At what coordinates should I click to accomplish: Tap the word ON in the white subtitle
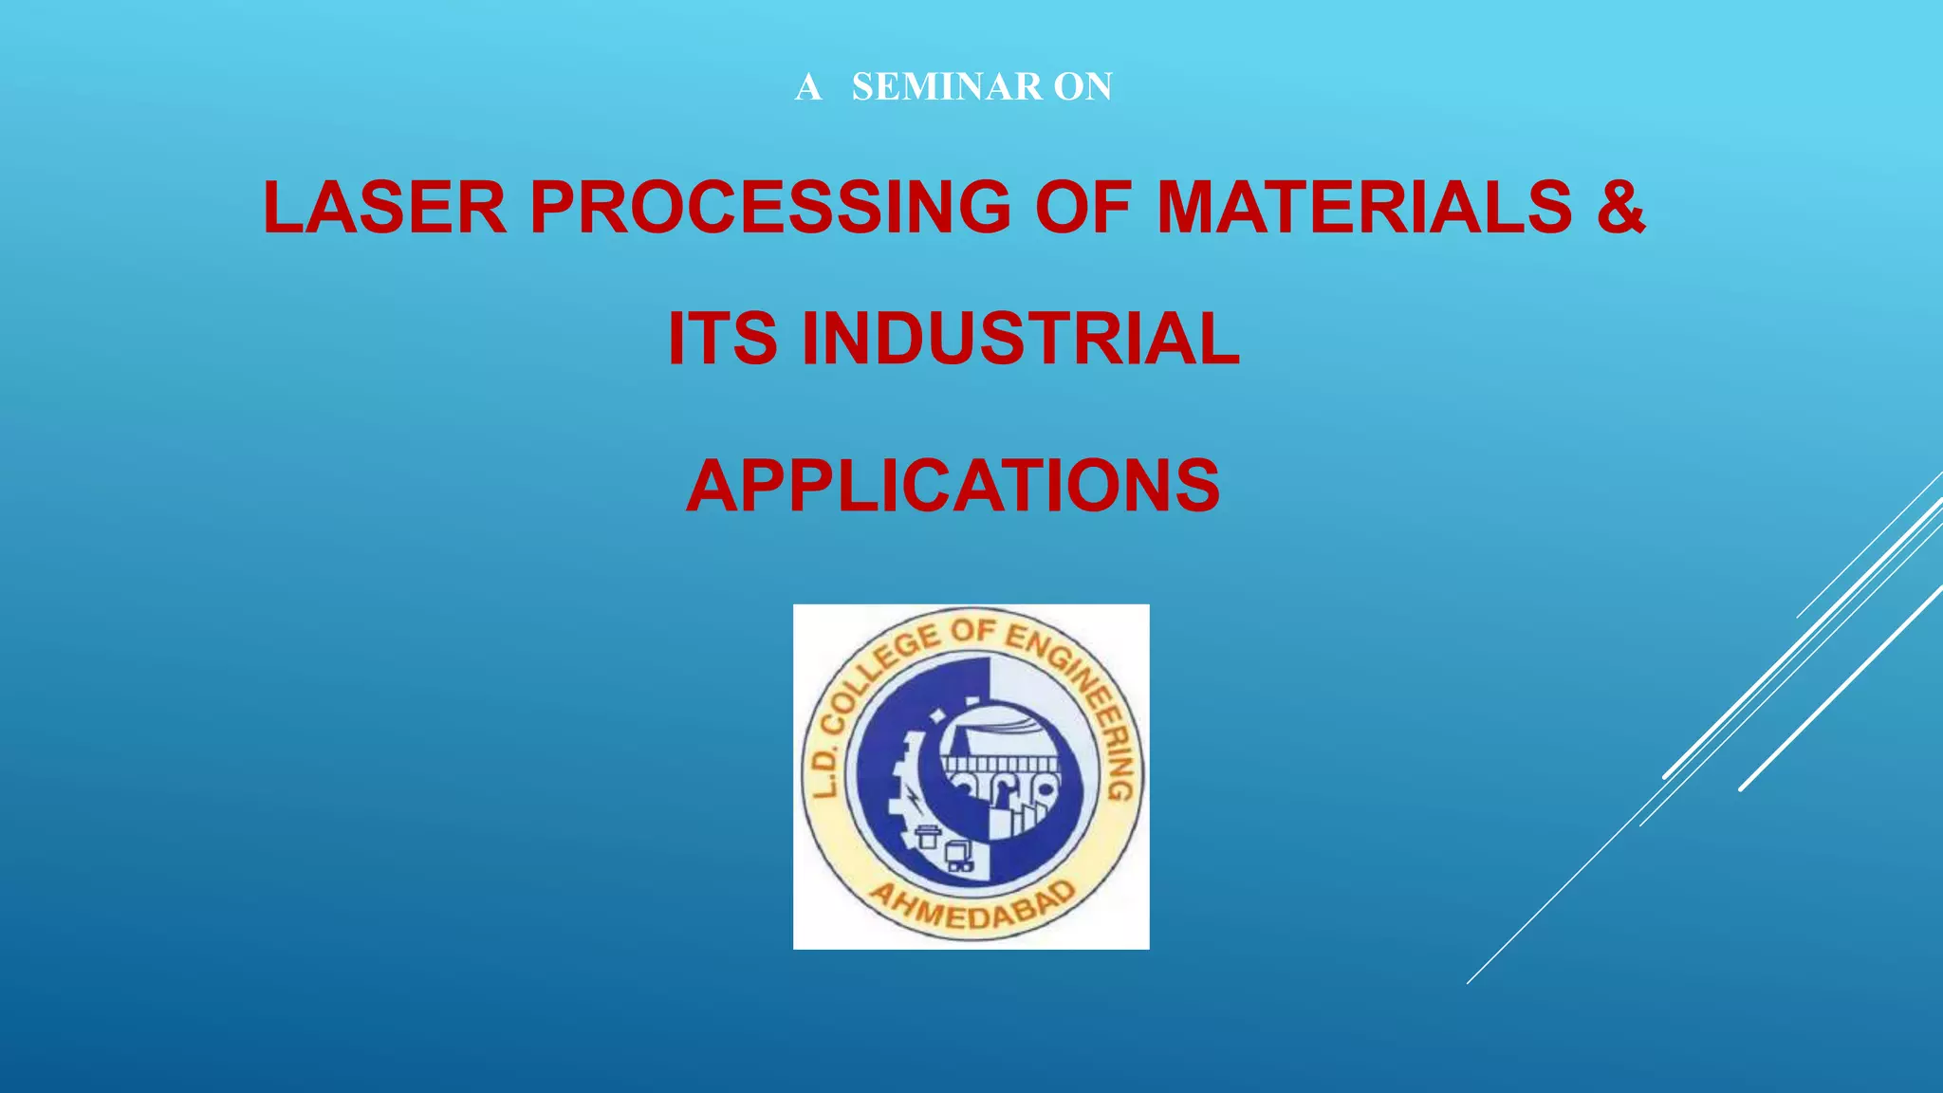1083,87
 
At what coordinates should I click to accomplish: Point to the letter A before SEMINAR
807,87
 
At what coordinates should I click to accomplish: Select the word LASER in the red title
384,207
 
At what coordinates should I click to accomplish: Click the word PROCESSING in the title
770,207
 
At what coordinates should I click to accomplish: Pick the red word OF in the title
1083,207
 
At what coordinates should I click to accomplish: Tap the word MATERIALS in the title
1364,207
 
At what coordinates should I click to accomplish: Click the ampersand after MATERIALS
1619,207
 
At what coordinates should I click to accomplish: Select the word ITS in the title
722,339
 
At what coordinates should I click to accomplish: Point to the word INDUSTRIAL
1021,339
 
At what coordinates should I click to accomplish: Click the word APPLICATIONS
953,486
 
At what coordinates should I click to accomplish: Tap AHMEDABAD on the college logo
973,905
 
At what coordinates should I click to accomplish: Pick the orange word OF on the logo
973,632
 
